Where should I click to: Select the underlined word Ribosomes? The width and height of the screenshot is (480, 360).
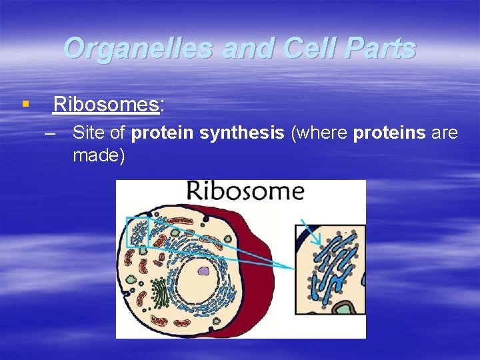(x=106, y=105)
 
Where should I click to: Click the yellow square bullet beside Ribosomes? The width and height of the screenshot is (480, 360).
(x=25, y=104)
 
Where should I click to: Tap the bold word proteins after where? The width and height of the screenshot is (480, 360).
(x=389, y=133)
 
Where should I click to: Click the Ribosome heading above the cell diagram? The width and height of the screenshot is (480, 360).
(x=245, y=192)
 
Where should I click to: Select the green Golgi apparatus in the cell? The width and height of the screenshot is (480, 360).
(x=160, y=292)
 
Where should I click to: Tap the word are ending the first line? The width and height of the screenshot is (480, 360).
(x=445, y=133)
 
